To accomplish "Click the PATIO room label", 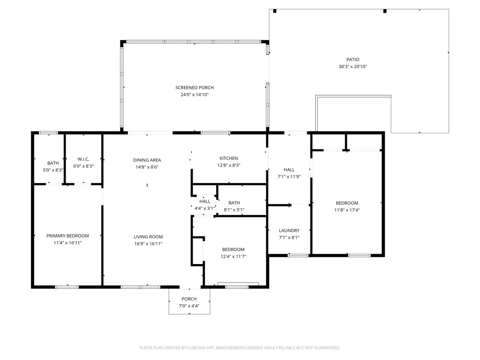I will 353,60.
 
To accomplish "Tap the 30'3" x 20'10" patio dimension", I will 353,67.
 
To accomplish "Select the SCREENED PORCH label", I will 194,88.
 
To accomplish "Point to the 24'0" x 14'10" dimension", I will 194,95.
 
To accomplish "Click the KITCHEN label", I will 229,158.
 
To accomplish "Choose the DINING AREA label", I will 147,160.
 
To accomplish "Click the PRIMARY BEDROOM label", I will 68,236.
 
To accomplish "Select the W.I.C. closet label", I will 83,163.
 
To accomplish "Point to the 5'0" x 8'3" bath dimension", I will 53,170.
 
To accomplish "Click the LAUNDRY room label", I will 289,230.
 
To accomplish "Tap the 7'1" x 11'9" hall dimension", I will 289,176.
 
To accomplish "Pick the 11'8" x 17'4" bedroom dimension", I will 346,210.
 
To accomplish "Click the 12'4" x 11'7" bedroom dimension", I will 233,256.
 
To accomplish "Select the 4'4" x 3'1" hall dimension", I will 205,208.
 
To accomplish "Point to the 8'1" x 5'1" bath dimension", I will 234,210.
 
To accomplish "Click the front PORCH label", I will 189,299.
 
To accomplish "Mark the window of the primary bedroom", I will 67,287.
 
